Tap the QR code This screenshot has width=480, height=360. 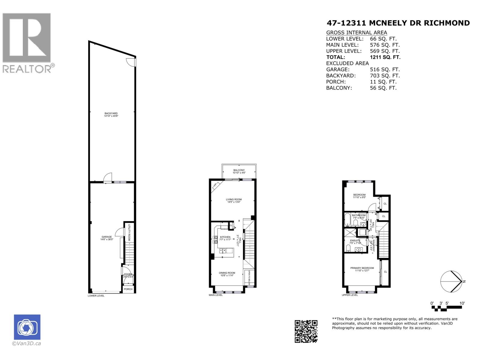pyautogui.click(x=306, y=331)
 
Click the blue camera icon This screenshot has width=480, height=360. pyautogui.click(x=27, y=327)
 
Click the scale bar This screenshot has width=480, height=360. pyautogui.click(x=448, y=304)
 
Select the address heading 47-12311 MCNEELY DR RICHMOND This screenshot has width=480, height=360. pyautogui.click(x=398, y=23)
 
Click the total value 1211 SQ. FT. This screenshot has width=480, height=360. pyautogui.click(x=385, y=57)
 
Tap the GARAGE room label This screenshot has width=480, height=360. pyautogui.click(x=106, y=237)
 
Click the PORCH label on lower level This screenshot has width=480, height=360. pyautogui.click(x=128, y=289)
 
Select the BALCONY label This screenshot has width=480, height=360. pyautogui.click(x=239, y=170)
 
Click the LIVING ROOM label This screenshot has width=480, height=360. pyautogui.click(x=234, y=199)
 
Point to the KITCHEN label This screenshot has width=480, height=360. pyautogui.click(x=225, y=237)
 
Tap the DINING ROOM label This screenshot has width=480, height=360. pyautogui.click(x=227, y=273)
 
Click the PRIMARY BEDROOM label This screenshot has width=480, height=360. pyautogui.click(x=362, y=268)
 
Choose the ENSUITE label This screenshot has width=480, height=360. pyautogui.click(x=355, y=240)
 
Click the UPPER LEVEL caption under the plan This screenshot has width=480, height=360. pyautogui.click(x=350, y=295)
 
